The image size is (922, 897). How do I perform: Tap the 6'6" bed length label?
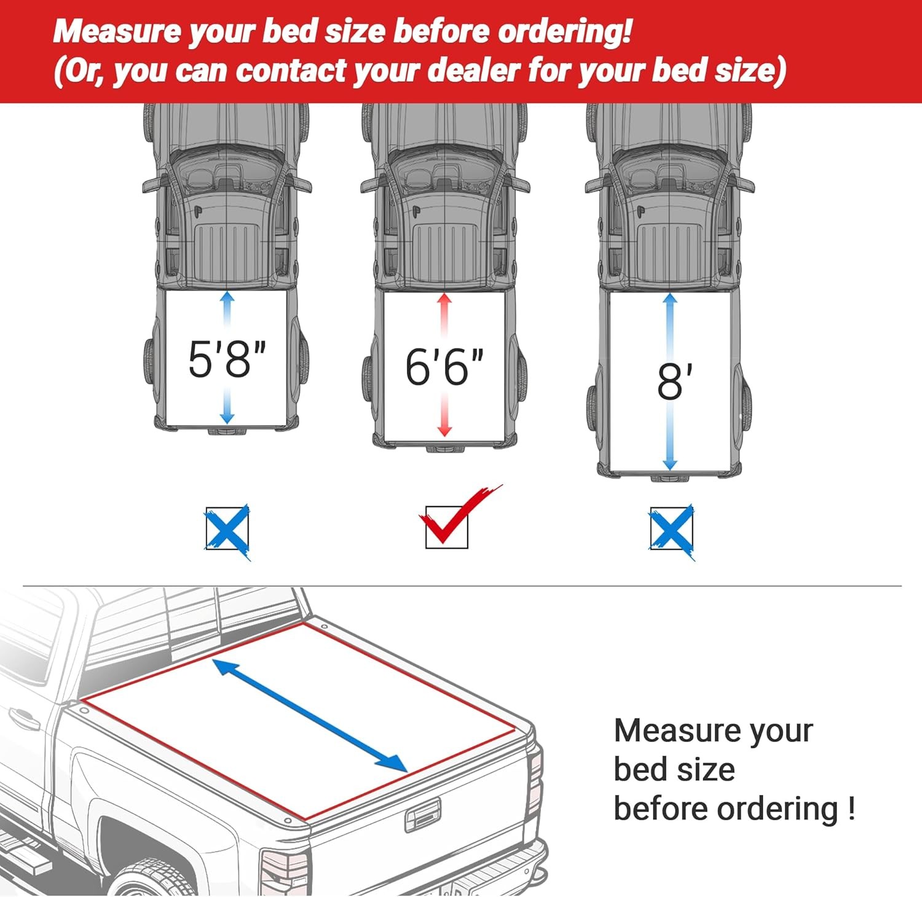point(444,367)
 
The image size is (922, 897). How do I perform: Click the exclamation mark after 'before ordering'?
point(851,809)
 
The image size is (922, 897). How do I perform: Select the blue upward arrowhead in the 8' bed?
point(670,299)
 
